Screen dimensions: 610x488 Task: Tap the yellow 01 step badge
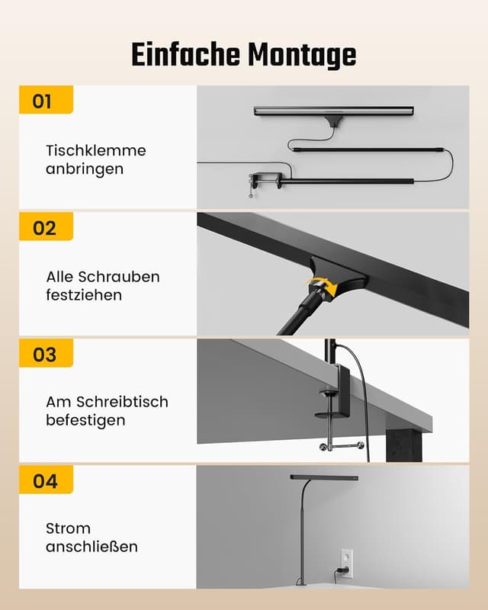click(44, 101)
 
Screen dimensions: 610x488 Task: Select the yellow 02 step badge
click(44, 227)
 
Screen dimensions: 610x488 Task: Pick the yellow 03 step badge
click(44, 354)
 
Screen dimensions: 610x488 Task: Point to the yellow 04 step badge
click(44, 480)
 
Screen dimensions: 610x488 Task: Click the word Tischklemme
click(95, 150)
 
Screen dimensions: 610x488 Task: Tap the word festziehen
click(84, 295)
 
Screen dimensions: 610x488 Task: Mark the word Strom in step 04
click(68, 528)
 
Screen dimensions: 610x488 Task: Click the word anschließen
click(91, 547)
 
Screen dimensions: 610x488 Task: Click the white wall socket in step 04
click(346, 562)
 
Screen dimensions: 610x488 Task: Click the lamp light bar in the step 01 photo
click(333, 111)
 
